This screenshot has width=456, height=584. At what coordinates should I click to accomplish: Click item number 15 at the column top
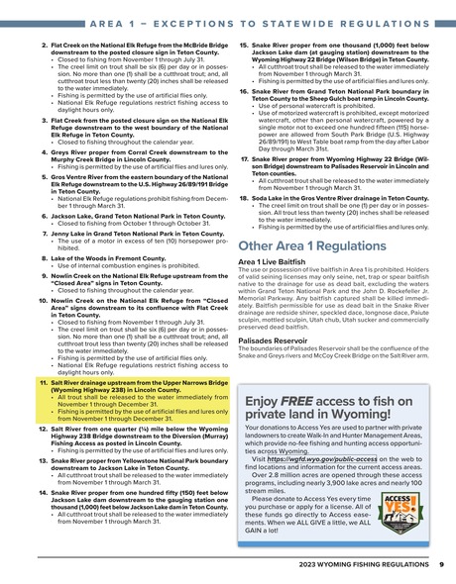coord(244,47)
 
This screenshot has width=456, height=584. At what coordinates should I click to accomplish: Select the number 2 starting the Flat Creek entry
coord(44,47)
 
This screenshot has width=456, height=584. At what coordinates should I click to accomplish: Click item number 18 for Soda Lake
coord(244,198)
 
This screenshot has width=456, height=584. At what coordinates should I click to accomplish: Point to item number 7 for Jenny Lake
coord(44,234)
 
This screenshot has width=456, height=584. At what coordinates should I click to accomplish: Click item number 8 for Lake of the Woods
coord(44,256)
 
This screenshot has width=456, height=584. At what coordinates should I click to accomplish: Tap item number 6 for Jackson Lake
coord(44,214)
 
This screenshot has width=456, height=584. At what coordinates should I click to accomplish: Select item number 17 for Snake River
coord(244,157)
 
